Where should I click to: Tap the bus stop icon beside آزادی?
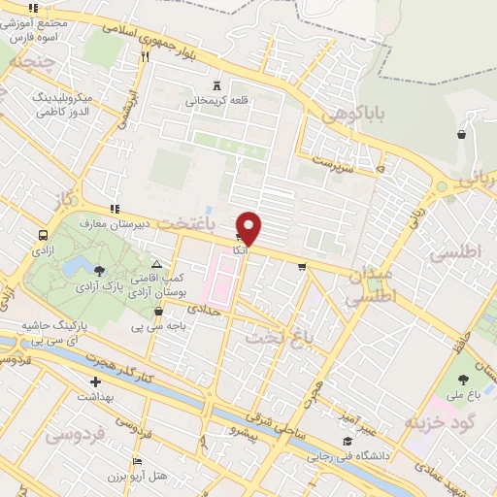click(x=43, y=235)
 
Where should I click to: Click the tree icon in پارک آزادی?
click(x=101, y=269)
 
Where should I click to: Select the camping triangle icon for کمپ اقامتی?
click(x=156, y=264)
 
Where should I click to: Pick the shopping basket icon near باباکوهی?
click(x=461, y=135)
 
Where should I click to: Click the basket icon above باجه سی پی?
click(x=159, y=312)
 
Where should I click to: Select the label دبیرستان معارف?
click(x=149, y=221)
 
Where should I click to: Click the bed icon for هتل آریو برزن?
click(x=137, y=461)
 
